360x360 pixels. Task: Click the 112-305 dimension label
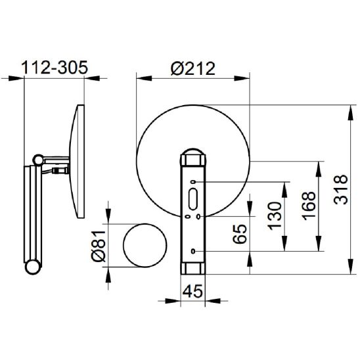55,68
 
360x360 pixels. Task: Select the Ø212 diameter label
193,68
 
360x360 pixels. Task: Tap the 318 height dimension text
341,189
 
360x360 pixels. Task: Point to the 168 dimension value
309,206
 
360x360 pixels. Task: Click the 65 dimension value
240,234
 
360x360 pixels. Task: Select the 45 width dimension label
192,292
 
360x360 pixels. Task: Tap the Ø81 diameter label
99,246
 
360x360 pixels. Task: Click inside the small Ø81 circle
145,245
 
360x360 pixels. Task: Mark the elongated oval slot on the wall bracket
193,199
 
